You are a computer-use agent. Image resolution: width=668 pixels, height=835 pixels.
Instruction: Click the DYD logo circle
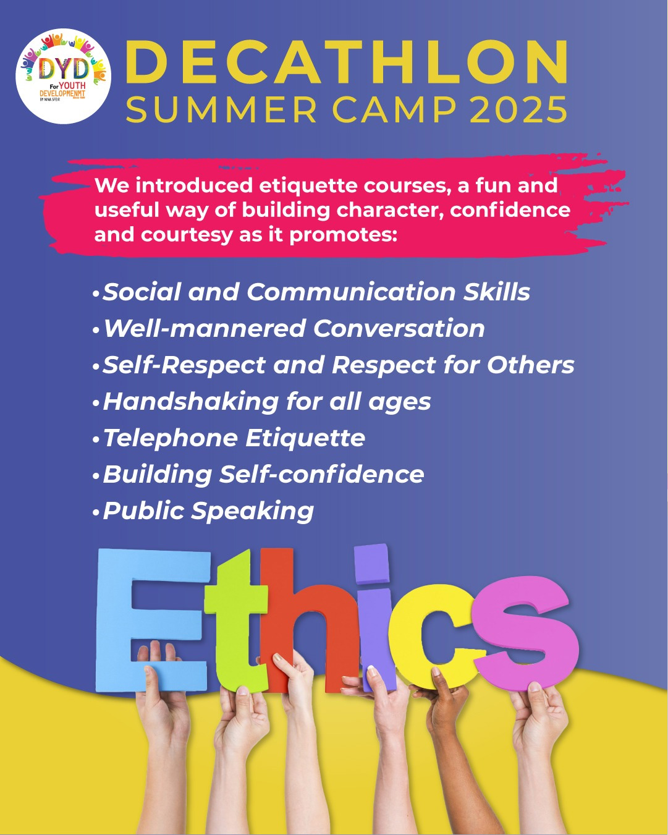[63, 76]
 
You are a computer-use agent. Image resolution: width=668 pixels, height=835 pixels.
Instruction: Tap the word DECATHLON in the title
[347, 62]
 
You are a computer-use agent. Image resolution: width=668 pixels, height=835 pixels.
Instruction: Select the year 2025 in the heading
[518, 109]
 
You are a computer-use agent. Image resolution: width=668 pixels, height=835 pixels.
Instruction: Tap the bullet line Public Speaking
[203, 511]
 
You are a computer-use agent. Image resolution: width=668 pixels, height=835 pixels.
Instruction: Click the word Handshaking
[191, 402]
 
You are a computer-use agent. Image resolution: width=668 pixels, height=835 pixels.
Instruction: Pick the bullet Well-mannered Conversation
[289, 329]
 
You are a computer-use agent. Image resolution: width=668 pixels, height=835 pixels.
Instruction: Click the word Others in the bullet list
[530, 365]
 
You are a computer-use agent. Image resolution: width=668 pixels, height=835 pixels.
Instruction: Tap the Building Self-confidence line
[258, 475]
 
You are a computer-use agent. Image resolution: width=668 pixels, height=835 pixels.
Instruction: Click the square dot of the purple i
[371, 564]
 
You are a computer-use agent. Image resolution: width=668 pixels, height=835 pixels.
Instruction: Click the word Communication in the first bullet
[350, 292]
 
